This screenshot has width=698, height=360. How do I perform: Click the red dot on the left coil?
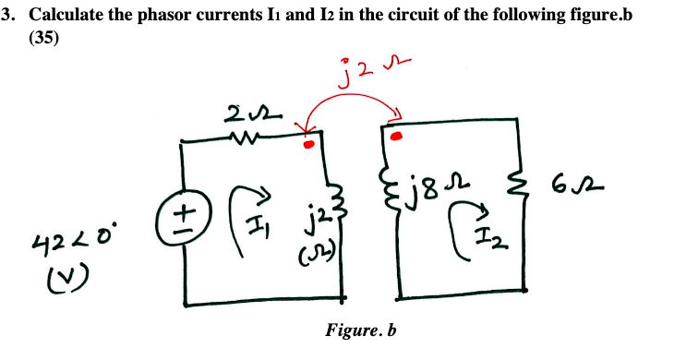pos(308,144)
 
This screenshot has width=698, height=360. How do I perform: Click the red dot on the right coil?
pos(398,136)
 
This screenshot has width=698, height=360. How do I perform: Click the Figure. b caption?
pos(361,330)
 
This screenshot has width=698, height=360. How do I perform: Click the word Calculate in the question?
pos(75,17)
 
